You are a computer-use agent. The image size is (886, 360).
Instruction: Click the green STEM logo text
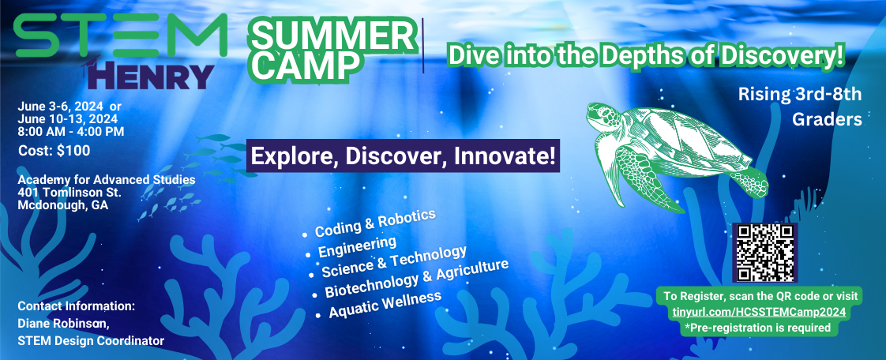tap(121, 35)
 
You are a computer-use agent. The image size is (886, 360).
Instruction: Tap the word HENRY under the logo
tap(151, 77)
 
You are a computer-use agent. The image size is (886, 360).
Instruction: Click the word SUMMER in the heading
tap(332, 37)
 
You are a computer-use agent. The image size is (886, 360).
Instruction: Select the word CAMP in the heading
tap(305, 66)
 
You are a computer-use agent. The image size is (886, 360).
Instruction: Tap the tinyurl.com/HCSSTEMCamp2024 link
tap(759, 312)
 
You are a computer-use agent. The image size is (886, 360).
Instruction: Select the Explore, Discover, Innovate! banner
tap(403, 156)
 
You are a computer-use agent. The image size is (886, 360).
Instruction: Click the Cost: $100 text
tap(54, 151)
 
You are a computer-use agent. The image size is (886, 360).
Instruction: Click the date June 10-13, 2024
tap(68, 118)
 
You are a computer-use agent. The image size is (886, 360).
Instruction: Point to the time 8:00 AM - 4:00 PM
tap(71, 132)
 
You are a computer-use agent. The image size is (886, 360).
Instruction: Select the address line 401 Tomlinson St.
tap(69, 192)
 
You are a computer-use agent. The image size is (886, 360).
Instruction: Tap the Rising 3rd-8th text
tap(800, 95)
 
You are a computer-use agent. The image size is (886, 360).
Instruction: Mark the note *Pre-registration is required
tap(758, 327)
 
